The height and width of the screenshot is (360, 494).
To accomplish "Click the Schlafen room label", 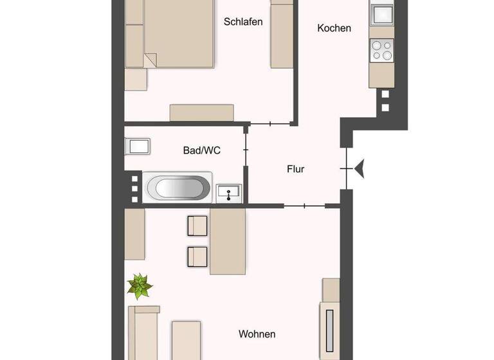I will (243, 21).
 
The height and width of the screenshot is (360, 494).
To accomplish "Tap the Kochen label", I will (334, 28).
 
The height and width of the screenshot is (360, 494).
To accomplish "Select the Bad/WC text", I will (202, 150).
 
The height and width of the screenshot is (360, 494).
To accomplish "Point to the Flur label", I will (295, 170).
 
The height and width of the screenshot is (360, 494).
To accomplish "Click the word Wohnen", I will (257, 334).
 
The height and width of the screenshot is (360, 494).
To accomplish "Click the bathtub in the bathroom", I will (178, 188).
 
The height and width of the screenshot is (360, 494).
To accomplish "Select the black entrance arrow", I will (359, 168).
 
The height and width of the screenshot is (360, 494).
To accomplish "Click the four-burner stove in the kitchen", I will (381, 50).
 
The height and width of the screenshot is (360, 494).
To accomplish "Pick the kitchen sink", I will (381, 14).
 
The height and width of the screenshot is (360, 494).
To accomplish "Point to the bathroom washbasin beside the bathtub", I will (229, 191).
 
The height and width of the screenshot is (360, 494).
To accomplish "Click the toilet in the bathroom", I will (138, 145).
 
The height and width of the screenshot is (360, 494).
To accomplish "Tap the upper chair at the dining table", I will (197, 226).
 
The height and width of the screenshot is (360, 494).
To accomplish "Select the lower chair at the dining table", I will (197, 256).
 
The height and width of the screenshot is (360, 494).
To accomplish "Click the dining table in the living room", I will (228, 242).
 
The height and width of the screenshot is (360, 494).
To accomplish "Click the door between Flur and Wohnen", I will (304, 206).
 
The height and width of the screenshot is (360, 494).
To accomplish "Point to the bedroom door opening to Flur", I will (270, 123).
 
